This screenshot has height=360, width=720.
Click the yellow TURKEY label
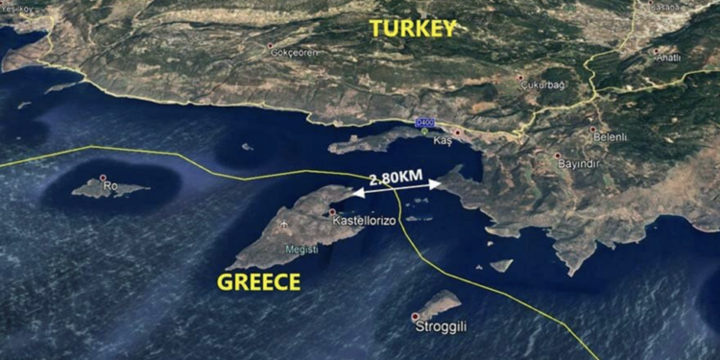(412, 29)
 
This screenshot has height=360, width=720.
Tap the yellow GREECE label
(259, 281)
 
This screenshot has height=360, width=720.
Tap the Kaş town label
(443, 141)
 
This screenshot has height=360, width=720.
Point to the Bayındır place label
(579, 163)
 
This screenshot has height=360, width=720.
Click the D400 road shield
(424, 123)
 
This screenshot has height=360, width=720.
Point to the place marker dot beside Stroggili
(416, 316)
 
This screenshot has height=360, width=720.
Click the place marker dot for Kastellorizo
(333, 212)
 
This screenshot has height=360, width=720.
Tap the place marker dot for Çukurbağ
(520, 78)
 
